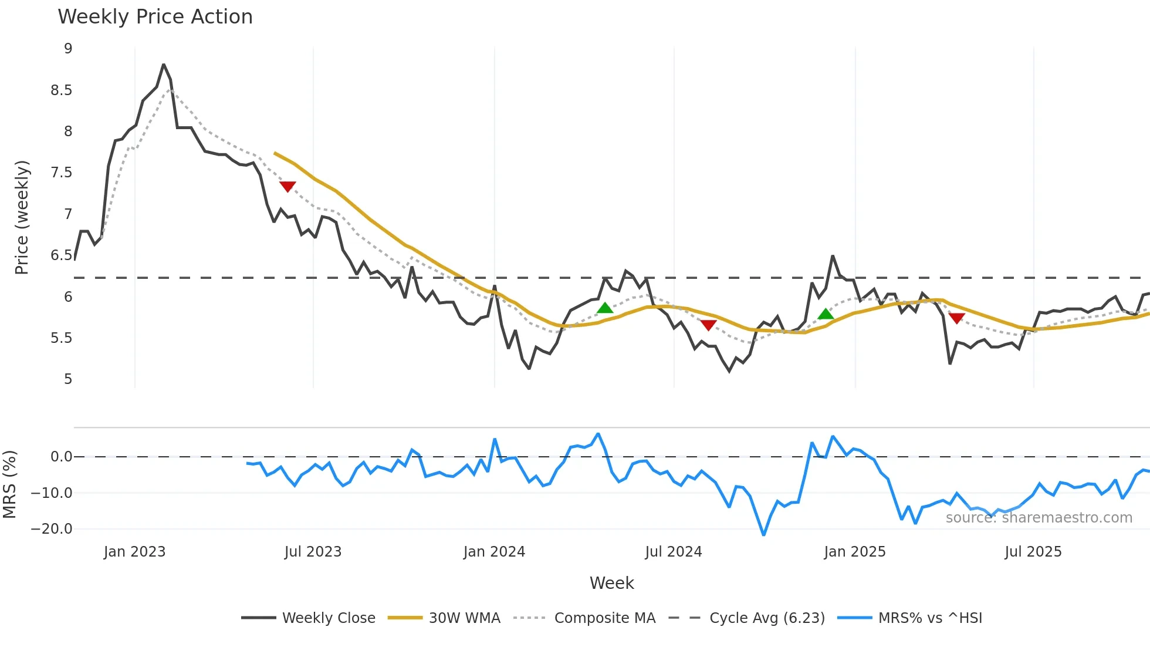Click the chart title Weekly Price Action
155,17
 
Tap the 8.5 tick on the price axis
61,90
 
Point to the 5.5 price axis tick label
61,338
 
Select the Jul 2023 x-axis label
313,552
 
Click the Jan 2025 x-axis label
854,552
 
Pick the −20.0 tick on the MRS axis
52,529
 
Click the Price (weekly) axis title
22,217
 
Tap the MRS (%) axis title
9,484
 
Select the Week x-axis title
611,583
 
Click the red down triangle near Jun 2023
287,187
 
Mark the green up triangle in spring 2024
605,308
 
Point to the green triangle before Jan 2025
826,314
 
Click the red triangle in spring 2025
956,318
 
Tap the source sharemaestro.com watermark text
1039,518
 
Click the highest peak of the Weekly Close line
164,65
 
